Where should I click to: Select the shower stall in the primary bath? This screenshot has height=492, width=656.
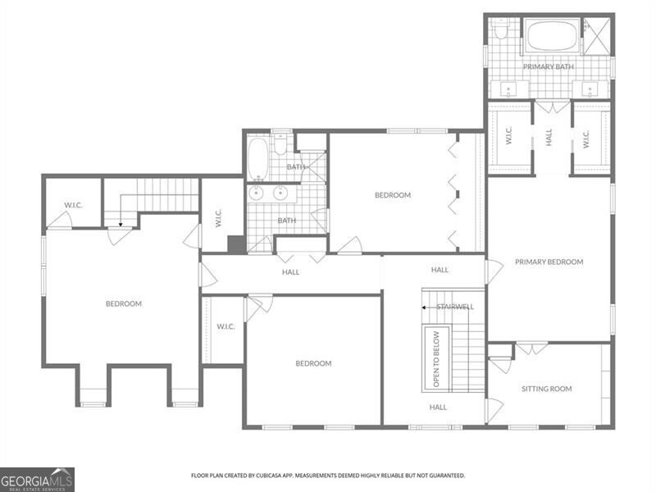599,34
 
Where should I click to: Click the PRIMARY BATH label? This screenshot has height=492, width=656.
549,66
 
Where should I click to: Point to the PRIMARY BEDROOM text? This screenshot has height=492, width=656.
549,262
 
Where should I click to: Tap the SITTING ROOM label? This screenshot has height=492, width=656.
547,389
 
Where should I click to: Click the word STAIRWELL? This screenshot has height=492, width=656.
455,307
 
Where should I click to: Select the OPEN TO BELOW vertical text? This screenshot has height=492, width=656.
436,358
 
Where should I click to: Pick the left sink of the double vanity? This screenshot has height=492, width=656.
257,194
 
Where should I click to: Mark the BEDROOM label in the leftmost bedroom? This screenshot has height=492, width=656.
124,303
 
